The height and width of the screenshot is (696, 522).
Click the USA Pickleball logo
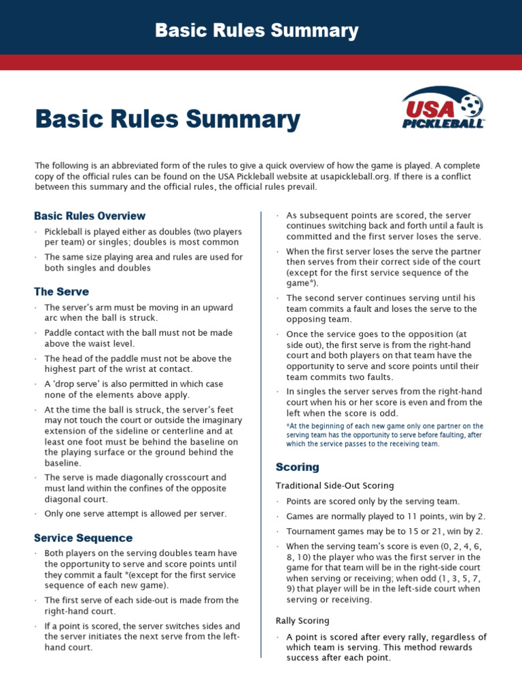[x=444, y=108]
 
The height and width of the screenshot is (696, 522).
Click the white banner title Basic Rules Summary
[x=256, y=31]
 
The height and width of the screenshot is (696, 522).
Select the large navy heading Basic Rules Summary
[x=167, y=120]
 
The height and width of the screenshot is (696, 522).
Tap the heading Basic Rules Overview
[x=90, y=215]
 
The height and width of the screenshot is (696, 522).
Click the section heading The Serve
[x=61, y=291]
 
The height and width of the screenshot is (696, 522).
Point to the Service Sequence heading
[x=83, y=538]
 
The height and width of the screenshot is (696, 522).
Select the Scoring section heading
[x=297, y=467]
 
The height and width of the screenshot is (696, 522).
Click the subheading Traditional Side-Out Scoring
[x=334, y=485]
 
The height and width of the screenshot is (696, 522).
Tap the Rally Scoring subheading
[x=302, y=621]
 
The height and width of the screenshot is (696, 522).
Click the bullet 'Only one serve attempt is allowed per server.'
[x=135, y=513]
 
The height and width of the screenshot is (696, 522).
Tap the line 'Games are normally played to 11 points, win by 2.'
[x=385, y=516]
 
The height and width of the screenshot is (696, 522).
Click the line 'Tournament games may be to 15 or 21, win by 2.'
[x=385, y=531]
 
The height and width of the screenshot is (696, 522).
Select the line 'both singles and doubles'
[x=97, y=268]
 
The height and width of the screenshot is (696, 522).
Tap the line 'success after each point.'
[x=338, y=658]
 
